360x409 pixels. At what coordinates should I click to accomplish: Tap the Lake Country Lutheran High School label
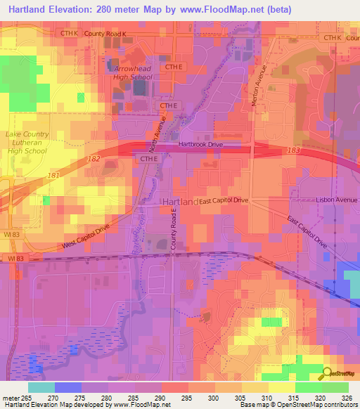coord(27,143)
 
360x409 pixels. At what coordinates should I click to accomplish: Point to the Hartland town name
coord(179,202)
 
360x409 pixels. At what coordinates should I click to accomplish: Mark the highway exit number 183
coord(294,150)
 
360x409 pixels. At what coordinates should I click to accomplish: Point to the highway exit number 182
coord(94,160)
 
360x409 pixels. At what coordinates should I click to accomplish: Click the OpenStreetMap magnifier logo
coord(327,374)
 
